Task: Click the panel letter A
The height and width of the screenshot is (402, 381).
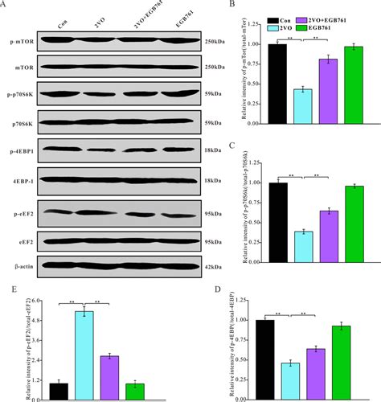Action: pyautogui.click(x=6, y=6)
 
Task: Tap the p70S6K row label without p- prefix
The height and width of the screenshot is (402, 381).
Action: pyautogui.click(x=20, y=123)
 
